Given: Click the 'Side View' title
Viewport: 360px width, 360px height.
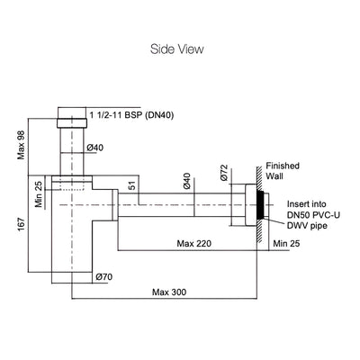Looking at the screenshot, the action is pyautogui.click(x=177, y=49).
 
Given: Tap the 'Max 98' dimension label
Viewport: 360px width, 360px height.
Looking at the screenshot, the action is pyautogui.click(x=21, y=146).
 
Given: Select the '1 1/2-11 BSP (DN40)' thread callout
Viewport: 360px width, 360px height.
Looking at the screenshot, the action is pyautogui.click(x=131, y=115).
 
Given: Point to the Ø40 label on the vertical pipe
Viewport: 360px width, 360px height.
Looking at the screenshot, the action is pyautogui.click(x=95, y=148).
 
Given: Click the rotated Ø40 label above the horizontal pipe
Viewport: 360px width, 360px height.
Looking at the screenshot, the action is pyautogui.click(x=186, y=181).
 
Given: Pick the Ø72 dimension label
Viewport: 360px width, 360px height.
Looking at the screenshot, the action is pyautogui.click(x=224, y=173).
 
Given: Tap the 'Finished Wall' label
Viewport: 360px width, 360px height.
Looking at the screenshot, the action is pyautogui.click(x=283, y=171).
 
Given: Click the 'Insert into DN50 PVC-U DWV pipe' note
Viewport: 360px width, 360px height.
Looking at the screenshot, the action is pyautogui.click(x=313, y=215).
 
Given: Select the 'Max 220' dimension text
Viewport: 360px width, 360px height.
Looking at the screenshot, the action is pyautogui.click(x=194, y=243).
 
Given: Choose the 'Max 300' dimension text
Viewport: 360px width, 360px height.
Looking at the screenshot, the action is pyautogui.click(x=169, y=292).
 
